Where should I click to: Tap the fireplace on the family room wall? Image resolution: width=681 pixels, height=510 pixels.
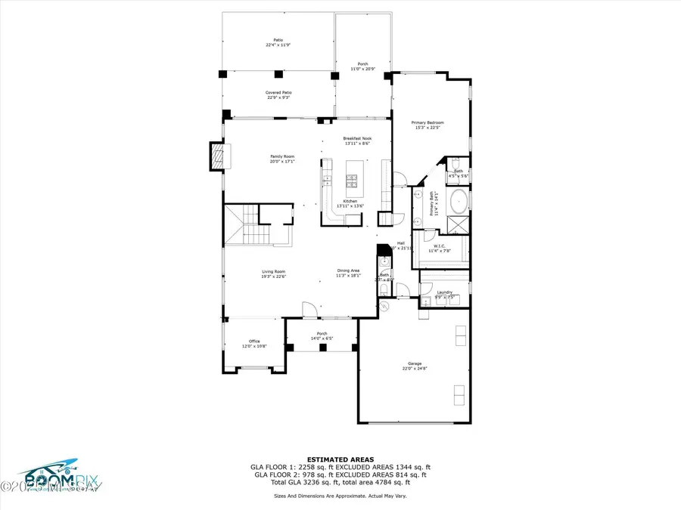(x=218, y=156)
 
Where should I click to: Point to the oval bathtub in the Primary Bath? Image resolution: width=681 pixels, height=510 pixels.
(x=459, y=202)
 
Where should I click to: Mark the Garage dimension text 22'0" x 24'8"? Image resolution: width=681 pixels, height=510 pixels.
(x=414, y=368)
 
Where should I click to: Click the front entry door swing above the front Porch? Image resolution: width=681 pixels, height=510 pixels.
(x=308, y=310)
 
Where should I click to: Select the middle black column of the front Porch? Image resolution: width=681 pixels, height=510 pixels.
(x=322, y=347)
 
